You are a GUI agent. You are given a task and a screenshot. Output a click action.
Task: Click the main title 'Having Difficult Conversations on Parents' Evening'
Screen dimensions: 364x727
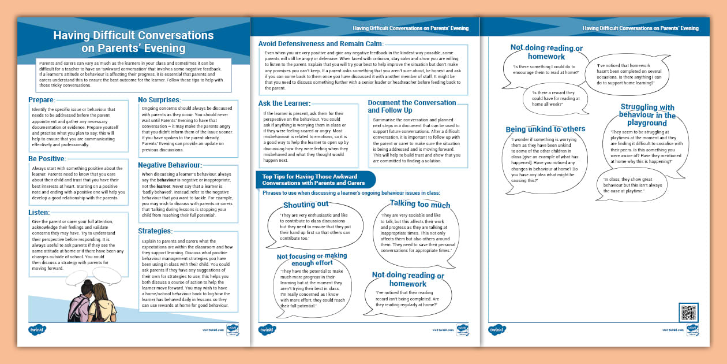133,42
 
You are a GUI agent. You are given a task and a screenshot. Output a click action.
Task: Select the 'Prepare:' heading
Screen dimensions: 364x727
42,100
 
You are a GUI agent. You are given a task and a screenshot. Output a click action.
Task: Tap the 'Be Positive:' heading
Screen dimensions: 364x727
47,158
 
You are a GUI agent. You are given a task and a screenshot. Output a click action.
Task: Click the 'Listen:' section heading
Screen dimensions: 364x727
39,213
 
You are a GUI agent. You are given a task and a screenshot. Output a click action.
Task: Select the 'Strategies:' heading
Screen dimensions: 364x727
156,231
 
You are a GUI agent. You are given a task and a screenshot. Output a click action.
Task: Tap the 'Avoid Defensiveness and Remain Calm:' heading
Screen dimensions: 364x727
321,43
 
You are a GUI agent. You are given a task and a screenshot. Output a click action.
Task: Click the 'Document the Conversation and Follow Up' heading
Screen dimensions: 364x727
412,106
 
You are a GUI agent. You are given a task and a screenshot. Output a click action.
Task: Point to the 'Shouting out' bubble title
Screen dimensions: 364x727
306,205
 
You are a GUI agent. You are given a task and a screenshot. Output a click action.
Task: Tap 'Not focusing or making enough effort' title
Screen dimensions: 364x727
312,259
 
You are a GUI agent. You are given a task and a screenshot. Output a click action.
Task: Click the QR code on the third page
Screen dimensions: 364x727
689,313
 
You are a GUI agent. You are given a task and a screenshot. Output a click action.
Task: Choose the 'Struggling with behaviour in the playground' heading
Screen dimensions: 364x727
647,115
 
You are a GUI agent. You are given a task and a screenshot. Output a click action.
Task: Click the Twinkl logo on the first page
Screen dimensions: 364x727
38,330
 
